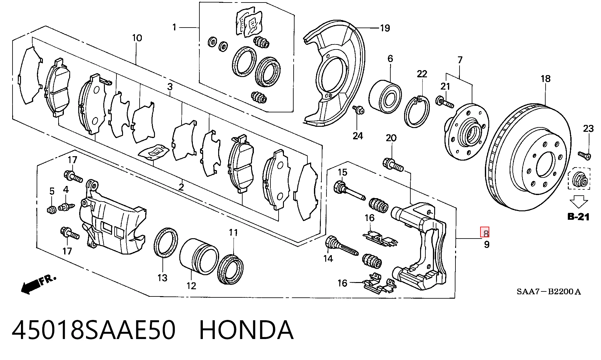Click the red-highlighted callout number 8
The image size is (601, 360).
(485, 233)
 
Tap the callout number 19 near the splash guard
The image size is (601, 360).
(385, 28)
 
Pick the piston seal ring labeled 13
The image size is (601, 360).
(166, 242)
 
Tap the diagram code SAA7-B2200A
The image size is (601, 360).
(548, 292)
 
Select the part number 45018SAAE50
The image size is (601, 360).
(93, 330)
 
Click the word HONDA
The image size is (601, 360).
(247, 330)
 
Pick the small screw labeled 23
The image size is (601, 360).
(584, 155)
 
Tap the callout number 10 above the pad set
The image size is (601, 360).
(137, 38)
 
